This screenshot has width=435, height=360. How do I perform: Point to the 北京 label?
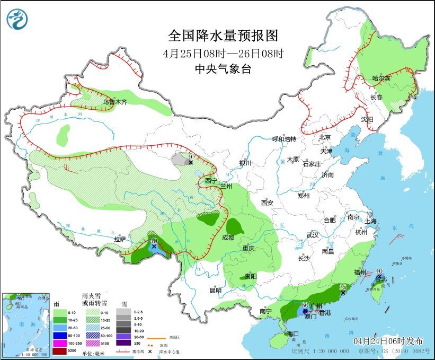tap(325, 137)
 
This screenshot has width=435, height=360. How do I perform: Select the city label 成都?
tap(228, 238)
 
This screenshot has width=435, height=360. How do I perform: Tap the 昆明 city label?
tap(215, 290)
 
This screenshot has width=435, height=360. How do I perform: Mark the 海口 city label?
tap(294, 334)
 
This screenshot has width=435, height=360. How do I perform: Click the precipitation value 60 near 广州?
tap(305, 305)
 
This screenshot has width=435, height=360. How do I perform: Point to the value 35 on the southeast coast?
tap(343, 287)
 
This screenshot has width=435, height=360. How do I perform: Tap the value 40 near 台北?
tap(379, 271)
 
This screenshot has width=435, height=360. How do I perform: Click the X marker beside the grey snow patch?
tap(191, 162)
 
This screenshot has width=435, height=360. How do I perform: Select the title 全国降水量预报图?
tap(223, 36)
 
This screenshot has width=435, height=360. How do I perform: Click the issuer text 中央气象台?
tap(223, 68)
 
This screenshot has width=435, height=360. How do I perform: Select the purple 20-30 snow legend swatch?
tap(123, 343)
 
